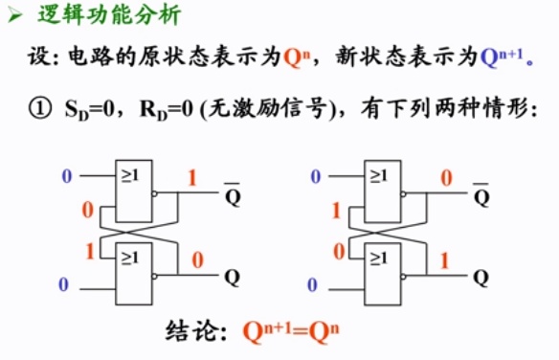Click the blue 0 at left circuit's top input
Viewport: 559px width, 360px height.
[66, 176]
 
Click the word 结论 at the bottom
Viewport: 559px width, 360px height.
[198, 333]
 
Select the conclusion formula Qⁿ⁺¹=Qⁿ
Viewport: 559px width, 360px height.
[292, 332]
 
